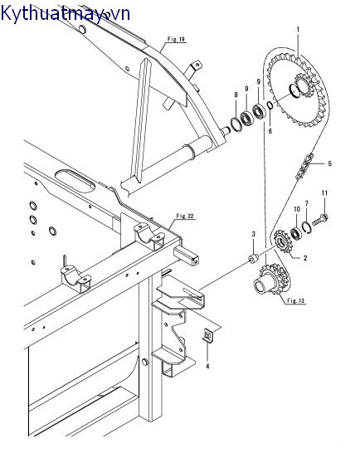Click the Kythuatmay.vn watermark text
65,13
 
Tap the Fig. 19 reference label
176,39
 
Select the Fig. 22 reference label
185,216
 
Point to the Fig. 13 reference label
296,300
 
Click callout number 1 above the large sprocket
298,30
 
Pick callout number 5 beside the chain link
329,163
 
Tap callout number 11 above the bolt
325,193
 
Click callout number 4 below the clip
207,367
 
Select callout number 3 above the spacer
253,234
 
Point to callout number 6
270,131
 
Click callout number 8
236,95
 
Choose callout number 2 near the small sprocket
305,258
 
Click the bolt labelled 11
319,220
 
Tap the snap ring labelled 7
307,226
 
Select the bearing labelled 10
296,233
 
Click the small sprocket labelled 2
283,241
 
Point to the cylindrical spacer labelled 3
253,259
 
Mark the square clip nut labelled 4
207,336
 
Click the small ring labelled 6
270,105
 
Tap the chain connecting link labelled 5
304,166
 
